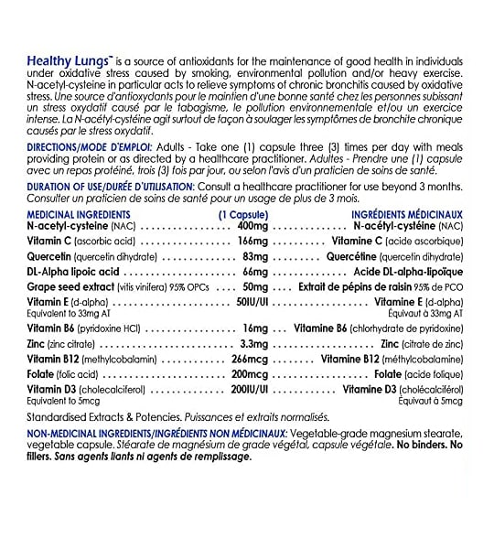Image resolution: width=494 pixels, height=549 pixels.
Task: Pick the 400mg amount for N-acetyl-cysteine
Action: click(x=252, y=225)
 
